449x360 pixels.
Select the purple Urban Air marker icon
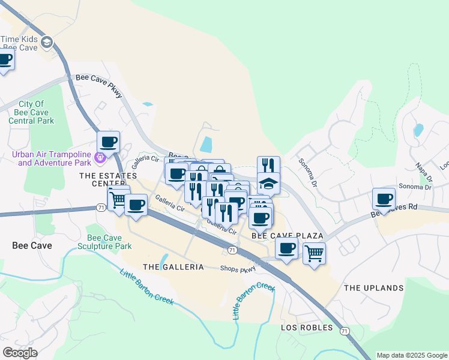coord(100,158)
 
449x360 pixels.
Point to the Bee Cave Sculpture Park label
coord(109,241)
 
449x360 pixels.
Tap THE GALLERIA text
coord(173,266)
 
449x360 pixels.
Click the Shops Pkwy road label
coord(238,269)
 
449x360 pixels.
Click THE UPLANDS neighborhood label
coord(373,288)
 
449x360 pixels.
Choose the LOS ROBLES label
coord(307,328)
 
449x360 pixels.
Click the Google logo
coord(20,353)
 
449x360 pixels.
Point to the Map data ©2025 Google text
coord(412,355)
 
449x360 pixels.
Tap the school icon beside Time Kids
coord(47,42)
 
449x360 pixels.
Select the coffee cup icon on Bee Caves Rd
coord(384,199)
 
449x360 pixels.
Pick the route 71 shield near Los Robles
coord(344,331)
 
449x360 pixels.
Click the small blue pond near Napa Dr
coord(418,130)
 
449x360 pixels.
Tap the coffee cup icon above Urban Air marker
coord(109,142)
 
